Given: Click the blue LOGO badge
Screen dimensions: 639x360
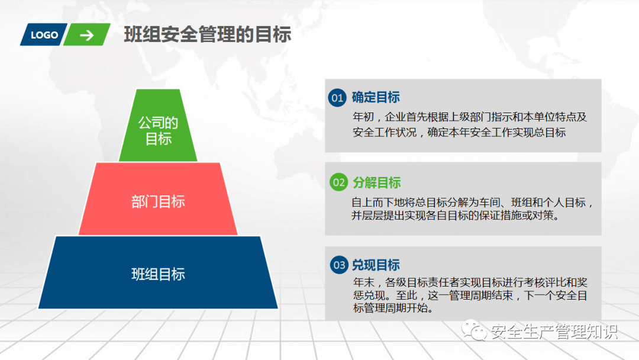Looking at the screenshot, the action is [44, 35].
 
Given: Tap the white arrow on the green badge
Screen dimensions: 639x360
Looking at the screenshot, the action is [87, 36].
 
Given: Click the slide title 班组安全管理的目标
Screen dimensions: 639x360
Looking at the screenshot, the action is [208, 34].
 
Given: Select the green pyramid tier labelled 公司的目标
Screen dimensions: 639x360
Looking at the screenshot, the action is [158, 125].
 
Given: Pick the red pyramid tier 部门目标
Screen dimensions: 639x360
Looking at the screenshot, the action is [158, 199].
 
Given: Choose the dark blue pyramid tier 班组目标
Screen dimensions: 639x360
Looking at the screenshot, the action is [158, 272].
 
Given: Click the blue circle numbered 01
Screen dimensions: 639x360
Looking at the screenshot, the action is [337, 98].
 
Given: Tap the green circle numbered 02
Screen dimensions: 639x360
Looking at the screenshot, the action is [338, 182].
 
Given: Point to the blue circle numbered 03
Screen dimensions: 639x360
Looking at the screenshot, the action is [339, 265].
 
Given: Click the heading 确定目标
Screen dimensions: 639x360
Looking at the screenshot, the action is [376, 98].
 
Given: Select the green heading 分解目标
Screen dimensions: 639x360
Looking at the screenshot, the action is [377, 182].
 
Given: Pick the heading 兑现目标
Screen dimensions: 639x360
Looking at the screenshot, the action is [376, 265].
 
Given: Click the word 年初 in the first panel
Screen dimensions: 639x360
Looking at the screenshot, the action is [363, 117].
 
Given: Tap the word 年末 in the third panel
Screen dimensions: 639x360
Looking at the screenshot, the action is [363, 282].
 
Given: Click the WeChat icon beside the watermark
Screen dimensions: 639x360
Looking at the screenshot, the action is [475, 330].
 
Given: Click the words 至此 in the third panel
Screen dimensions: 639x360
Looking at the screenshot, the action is [406, 295].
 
